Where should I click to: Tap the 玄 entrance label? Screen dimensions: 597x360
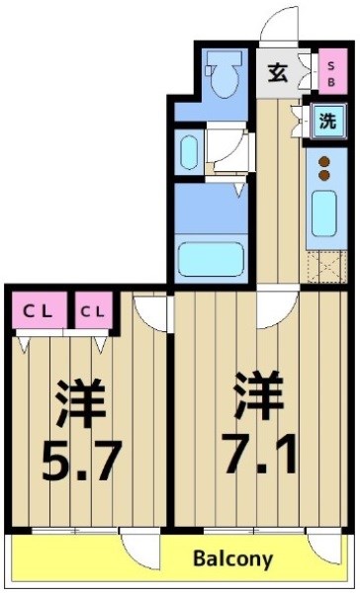[279, 72]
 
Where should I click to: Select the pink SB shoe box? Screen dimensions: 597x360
[330, 72]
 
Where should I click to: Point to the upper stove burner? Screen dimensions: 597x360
[322, 164]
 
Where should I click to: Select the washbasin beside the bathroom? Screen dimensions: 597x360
[190, 152]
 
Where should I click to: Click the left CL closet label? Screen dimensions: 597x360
[38, 312]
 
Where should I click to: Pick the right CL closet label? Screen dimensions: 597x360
[92, 312]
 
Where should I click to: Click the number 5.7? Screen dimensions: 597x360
[82, 458]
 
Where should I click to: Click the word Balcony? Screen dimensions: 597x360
[232, 559]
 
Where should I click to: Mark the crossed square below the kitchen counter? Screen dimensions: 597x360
[323, 266]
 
